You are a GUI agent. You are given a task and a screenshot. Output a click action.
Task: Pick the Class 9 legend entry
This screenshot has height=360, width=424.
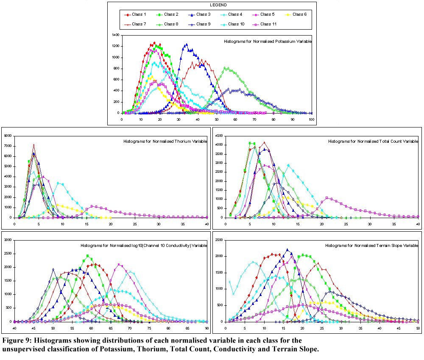tap(200, 24)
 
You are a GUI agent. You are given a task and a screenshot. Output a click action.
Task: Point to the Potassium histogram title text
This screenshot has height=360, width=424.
tap(267, 42)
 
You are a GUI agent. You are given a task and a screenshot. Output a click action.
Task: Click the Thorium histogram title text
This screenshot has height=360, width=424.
tap(165, 141)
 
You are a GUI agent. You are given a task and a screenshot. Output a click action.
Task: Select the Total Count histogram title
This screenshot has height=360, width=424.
tap(373, 141)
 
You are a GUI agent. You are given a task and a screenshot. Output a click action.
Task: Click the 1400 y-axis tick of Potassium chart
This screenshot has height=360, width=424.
tap(115, 35)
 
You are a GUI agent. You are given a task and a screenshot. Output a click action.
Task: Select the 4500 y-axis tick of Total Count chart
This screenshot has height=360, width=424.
tap(219, 136)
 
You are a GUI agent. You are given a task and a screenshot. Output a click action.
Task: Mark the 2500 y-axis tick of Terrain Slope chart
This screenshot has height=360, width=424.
tap(219, 240)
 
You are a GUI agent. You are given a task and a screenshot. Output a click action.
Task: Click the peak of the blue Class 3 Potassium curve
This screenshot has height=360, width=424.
tap(186, 44)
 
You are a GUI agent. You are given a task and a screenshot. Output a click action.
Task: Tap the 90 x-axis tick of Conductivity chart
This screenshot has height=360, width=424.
tap(206, 328)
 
